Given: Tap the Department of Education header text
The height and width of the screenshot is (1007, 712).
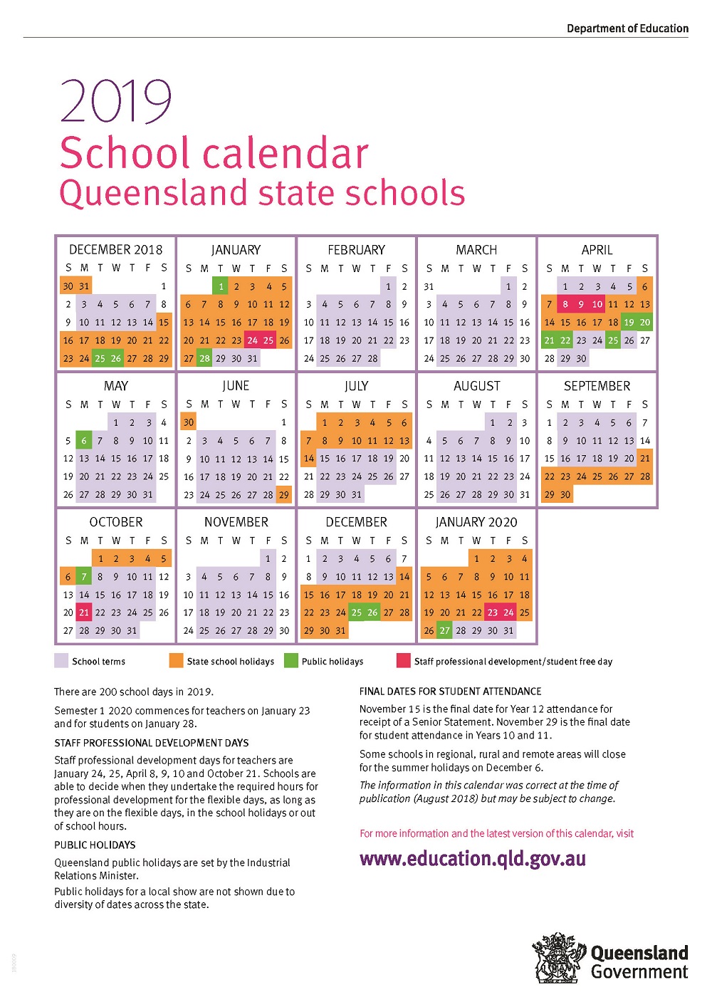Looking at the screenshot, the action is coord(627,28).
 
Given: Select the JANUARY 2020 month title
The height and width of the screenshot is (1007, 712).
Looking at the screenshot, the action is coord(476,522).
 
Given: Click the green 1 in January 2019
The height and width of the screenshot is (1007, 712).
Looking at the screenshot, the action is coord(221,286).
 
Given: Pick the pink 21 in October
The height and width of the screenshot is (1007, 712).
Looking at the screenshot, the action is coord(84,612).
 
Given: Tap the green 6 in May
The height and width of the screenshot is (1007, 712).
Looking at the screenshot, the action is coord(84,441).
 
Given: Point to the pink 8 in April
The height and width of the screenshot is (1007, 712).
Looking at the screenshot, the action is coord(565,304).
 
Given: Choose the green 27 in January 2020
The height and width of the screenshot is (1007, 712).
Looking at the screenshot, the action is coord(445,630).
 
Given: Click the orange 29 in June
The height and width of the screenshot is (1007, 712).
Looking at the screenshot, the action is coord(284,494).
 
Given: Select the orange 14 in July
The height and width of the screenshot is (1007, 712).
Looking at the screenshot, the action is coord(308,459).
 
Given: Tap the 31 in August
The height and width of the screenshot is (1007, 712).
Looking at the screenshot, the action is coord(525,494).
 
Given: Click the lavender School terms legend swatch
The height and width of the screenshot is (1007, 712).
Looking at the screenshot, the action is coord(61,661).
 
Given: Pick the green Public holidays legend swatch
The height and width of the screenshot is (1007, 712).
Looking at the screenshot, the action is coord(290,661).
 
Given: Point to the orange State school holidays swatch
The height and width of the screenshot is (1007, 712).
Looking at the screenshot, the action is coord(176,661).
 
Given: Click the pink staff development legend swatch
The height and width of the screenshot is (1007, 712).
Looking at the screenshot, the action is coord(403,661).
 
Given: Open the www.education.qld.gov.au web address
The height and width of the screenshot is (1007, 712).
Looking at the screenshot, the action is coord(473,859).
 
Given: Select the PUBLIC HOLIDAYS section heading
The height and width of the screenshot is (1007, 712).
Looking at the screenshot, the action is coord(95,845).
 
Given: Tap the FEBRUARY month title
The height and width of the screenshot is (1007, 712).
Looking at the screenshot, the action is coord(356,250).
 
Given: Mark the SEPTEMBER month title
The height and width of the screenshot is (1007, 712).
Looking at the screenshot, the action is coord(597,386).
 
